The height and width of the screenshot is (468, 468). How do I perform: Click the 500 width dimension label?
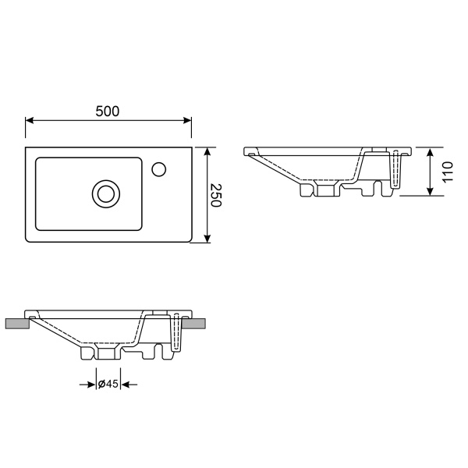pos(108,111)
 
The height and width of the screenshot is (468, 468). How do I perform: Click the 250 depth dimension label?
pos(216,195)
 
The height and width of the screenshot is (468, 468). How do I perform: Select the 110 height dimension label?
pos(448,172)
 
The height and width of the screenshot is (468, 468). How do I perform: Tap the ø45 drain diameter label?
pos(108,384)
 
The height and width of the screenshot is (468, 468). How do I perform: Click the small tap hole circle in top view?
pos(159,169)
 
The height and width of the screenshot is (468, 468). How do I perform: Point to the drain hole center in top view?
pos(106,193)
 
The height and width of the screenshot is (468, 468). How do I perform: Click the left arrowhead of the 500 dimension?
pos(30,120)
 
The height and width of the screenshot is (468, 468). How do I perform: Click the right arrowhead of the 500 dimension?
pos(187,120)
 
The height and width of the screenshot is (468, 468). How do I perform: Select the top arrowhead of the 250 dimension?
pos(207,151)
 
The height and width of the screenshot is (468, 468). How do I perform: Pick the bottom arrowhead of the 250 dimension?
pos(207,239)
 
